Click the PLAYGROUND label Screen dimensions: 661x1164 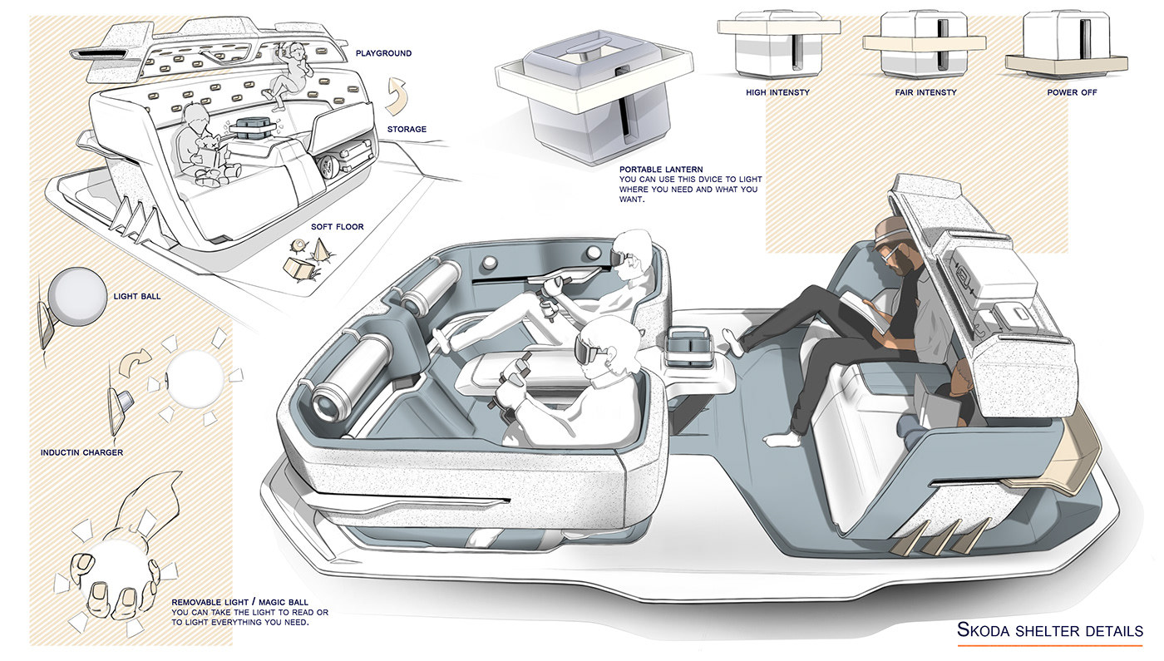383,53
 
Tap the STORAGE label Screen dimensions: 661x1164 407,129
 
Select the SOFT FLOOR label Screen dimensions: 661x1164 338,226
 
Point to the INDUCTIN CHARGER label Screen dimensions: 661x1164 81,452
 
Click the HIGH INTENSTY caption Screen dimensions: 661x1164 777,92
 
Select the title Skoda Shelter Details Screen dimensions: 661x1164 1049,630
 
